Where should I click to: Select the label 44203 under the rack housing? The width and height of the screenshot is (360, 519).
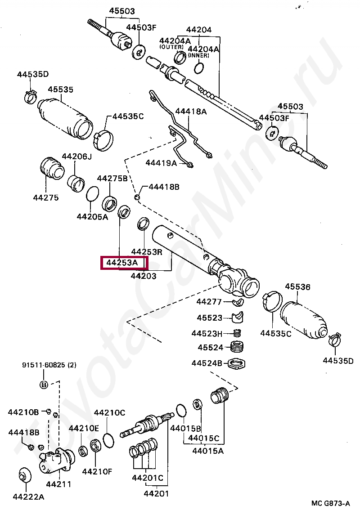click(x=144, y=276)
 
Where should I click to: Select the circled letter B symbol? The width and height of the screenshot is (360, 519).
click(x=44, y=385)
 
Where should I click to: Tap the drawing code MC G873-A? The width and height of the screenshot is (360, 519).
click(x=330, y=503)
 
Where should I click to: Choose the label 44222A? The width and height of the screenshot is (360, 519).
click(x=28, y=497)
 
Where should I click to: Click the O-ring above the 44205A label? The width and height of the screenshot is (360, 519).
click(x=92, y=194)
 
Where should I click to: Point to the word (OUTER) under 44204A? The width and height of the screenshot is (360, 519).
click(x=171, y=47)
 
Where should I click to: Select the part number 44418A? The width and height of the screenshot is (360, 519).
click(x=191, y=111)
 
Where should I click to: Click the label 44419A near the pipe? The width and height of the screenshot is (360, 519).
click(x=161, y=163)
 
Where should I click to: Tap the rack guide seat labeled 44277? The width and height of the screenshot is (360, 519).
click(x=237, y=301)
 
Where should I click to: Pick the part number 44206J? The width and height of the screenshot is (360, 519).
click(x=76, y=157)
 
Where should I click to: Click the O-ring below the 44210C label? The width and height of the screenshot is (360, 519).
click(x=108, y=441)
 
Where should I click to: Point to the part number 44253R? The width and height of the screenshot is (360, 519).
click(x=147, y=252)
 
